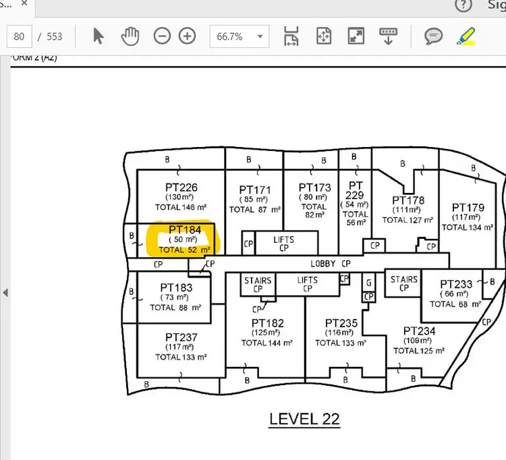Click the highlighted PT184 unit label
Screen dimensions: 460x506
(185, 229)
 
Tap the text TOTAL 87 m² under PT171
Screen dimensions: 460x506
(254, 210)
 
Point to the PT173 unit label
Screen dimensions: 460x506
(314, 187)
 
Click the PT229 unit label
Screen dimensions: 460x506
(356, 190)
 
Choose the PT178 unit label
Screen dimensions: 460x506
(408, 200)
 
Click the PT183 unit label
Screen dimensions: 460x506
(176, 287)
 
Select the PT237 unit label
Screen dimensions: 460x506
(181, 337)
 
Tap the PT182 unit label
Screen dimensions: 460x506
(267, 323)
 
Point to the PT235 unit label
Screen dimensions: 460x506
(341, 323)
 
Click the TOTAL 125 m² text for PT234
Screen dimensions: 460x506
(419, 351)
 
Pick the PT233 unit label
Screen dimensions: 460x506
(456, 285)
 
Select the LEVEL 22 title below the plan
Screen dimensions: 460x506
(304, 419)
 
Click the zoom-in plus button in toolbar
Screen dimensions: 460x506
(187, 36)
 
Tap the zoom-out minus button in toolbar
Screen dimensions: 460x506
(162, 36)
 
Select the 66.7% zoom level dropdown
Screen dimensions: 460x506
(240, 36)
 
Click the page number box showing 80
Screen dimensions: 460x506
(19, 36)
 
